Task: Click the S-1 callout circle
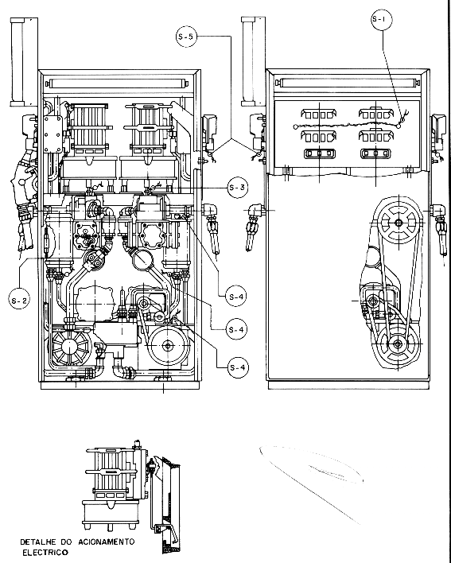click(x=381, y=19)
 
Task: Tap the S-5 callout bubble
click(x=186, y=37)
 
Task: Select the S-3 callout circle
click(x=238, y=188)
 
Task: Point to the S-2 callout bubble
click(x=19, y=300)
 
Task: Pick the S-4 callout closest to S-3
click(x=236, y=297)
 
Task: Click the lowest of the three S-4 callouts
click(x=238, y=367)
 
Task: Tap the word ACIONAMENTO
click(x=107, y=542)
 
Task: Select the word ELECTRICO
click(x=45, y=552)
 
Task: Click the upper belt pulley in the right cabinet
click(x=399, y=223)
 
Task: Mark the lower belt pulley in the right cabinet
click(x=397, y=344)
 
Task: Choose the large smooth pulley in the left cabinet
click(x=168, y=346)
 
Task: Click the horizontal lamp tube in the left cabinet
click(x=118, y=84)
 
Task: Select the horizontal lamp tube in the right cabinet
click(x=348, y=83)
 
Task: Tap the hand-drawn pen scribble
click(x=312, y=478)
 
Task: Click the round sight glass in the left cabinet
click(x=143, y=259)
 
